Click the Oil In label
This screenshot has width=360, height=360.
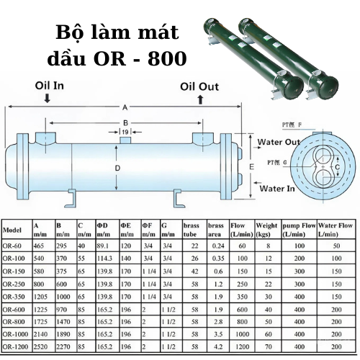point(48,85)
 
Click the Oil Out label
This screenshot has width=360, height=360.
point(199,86)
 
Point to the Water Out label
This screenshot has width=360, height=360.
point(279,143)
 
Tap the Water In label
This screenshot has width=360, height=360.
point(277,188)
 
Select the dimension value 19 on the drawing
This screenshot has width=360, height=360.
point(125,132)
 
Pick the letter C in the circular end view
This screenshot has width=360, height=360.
point(337,168)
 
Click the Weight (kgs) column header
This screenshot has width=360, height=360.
point(266,230)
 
